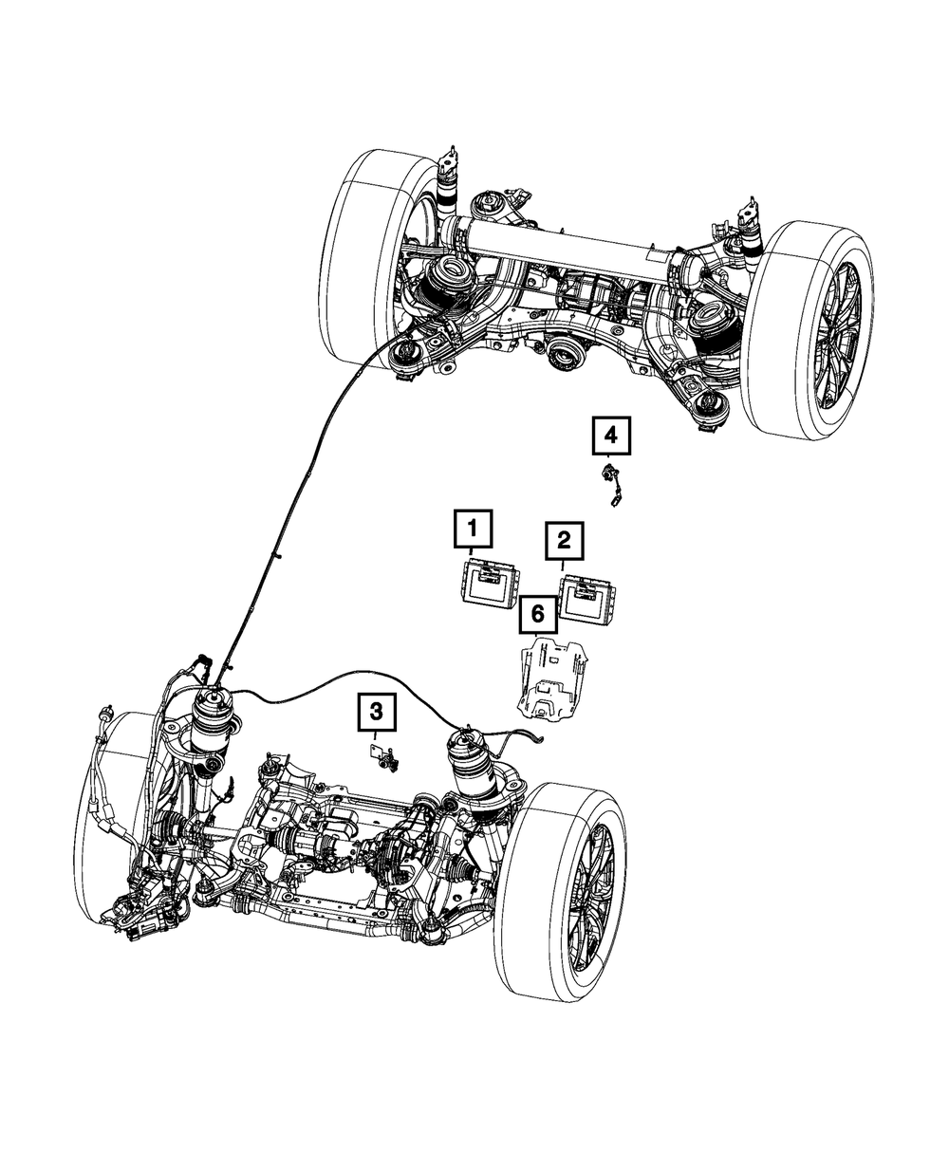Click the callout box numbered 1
[x=474, y=530]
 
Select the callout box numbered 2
[x=563, y=542]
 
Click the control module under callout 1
[x=490, y=582]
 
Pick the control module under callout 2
[x=585, y=597]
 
